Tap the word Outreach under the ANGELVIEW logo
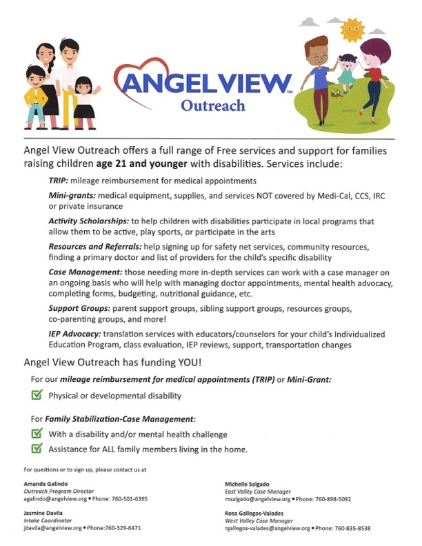[212, 105]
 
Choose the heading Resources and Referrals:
[97, 246]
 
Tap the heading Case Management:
[86, 272]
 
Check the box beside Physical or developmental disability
[37, 395]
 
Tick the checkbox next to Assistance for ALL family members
[37, 449]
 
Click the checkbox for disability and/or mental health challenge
[37, 434]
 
